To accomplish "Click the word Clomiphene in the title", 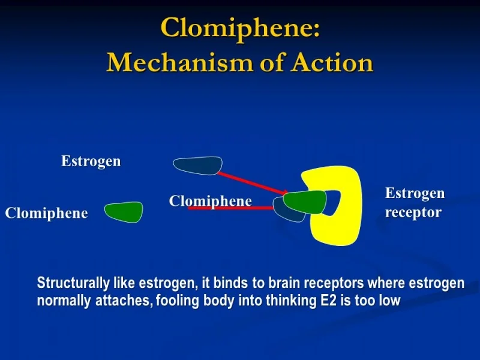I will point(240,29).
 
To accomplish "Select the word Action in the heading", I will point(332,62).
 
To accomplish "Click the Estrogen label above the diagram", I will point(91,161).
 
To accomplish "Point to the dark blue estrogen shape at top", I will point(197,166).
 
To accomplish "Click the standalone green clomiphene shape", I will point(124,212).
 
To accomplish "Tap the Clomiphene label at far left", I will point(46,213).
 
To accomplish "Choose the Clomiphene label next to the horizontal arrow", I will point(210,201).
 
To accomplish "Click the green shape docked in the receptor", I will point(304,202).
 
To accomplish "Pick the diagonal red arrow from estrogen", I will point(252,183).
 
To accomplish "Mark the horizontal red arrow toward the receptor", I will point(231,208).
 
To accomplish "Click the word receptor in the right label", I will point(413,212).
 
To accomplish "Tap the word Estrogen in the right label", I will point(415,193).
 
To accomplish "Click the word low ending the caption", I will point(389,301).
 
